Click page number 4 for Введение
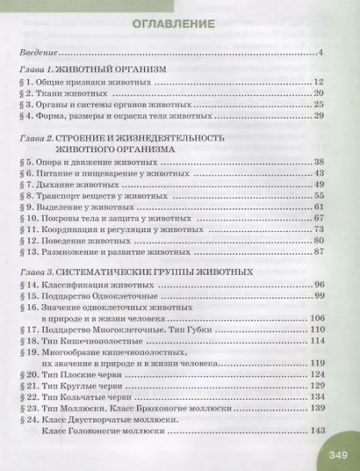point(323,54)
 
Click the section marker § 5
point(25,164)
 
